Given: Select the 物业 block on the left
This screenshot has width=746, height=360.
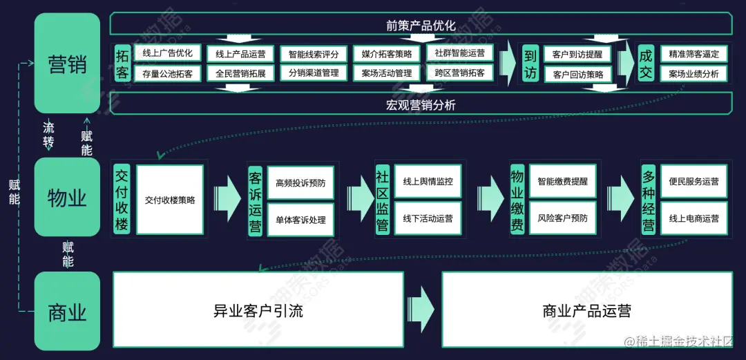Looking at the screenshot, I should click(67, 198).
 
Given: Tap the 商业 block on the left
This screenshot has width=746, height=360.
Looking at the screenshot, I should click(67, 312).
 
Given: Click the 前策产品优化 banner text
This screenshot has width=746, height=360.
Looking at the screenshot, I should click(421, 26).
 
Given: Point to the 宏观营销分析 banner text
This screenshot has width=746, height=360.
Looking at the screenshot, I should click(421, 105).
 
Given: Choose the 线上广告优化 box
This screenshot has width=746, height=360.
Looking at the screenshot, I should click(167, 53).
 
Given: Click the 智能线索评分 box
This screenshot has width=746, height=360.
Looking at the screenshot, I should click(314, 54).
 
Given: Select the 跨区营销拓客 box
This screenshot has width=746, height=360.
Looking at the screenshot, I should click(459, 73).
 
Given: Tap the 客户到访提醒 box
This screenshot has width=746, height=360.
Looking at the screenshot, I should click(573, 54).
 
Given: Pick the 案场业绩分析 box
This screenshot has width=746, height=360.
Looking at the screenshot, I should click(694, 73).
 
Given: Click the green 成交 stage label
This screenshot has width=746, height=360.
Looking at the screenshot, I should click(645, 64).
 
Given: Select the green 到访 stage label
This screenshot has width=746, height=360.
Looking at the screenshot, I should click(530, 64).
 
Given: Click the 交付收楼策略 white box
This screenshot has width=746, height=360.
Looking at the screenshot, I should click(170, 200).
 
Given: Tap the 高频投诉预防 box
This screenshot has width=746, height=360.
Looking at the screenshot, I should click(300, 183).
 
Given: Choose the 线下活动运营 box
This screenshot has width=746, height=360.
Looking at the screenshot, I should click(428, 218).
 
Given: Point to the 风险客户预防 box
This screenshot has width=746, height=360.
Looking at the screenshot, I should click(562, 218).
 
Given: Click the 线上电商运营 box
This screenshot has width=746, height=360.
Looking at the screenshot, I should click(694, 218).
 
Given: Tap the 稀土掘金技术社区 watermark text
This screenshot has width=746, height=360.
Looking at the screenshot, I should click(683, 341).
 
